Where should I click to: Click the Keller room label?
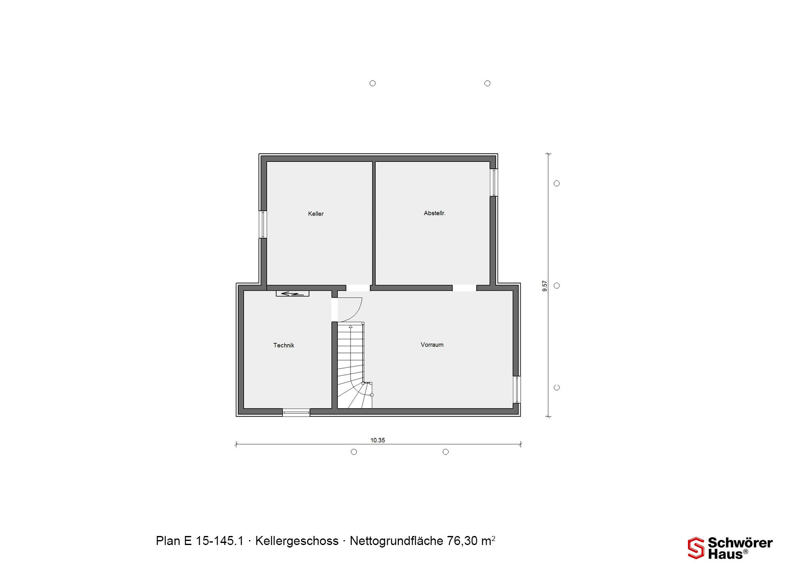(x=316, y=214)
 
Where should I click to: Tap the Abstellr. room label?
(x=434, y=213)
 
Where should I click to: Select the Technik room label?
(x=284, y=345)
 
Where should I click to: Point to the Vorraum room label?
(x=432, y=345)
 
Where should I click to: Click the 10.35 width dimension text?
(x=378, y=440)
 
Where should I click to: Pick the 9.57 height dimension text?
(x=545, y=286)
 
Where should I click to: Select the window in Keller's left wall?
(x=263, y=224)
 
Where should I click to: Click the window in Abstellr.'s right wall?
(x=494, y=182)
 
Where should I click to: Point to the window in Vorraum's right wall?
(x=517, y=389)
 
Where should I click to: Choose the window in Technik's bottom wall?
(x=296, y=412)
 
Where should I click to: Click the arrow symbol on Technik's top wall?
(x=292, y=294)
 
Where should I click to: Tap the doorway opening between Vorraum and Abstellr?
(x=464, y=288)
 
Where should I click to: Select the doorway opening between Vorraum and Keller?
(x=358, y=288)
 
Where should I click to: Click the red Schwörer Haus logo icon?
(x=696, y=548)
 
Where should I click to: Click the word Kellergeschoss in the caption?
(x=297, y=541)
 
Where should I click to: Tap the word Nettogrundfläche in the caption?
(x=396, y=541)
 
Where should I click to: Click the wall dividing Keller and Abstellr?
(x=374, y=223)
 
